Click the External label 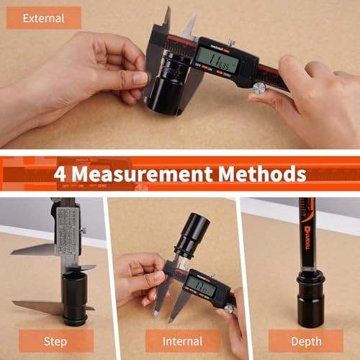(43, 17)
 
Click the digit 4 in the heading (60, 174)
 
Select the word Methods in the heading (266, 174)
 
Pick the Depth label (305, 340)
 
